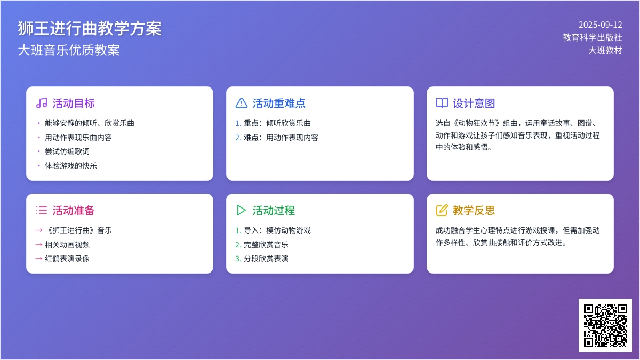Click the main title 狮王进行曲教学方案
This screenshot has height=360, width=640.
click(90, 29)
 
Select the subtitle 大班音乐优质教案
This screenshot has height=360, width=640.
click(69, 50)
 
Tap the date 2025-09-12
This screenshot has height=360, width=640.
click(601, 25)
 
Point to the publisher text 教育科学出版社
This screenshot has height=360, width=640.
click(593, 37)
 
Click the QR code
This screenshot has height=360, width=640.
click(605, 325)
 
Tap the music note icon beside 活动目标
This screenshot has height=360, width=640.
click(42, 103)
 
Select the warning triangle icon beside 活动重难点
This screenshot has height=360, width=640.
click(242, 103)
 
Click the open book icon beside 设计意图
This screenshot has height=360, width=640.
click(442, 103)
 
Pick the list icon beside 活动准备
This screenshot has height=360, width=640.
click(42, 210)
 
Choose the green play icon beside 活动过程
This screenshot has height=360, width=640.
click(241, 210)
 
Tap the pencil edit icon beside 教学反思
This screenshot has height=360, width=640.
click(442, 210)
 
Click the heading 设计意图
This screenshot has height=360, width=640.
click(474, 103)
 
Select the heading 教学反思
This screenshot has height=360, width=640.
click(474, 211)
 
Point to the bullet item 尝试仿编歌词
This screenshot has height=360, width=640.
click(67, 151)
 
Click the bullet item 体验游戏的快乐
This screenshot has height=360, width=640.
click(71, 166)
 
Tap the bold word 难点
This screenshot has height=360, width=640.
click(251, 138)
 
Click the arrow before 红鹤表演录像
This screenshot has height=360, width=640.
click(39, 259)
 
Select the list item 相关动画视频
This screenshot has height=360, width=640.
click(67, 245)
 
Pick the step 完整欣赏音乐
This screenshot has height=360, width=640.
click(266, 245)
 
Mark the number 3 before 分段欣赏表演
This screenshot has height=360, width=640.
click(238, 259)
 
